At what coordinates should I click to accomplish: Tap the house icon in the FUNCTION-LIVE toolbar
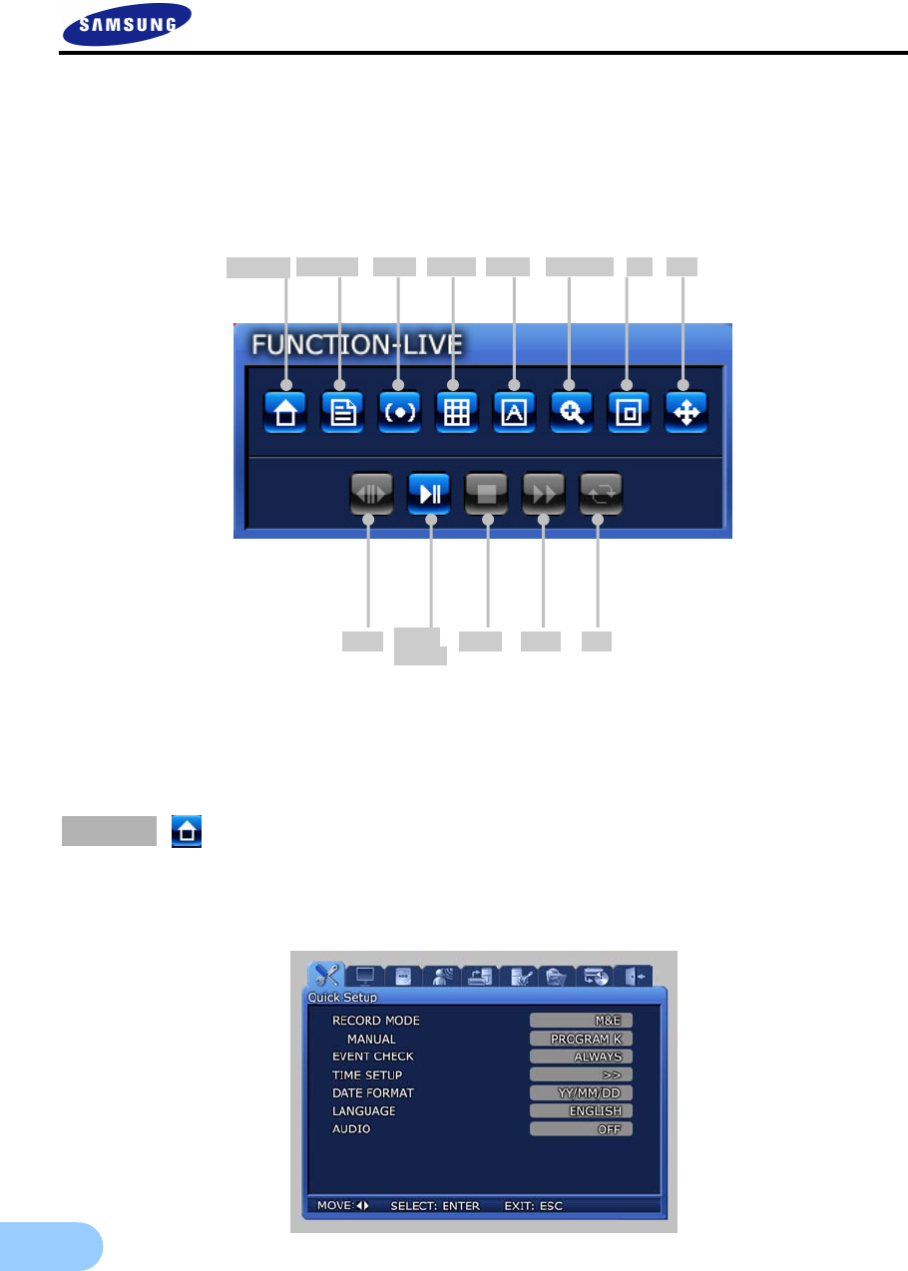[285, 412]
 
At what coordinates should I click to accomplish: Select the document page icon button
[342, 412]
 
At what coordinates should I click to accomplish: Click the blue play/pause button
[430, 493]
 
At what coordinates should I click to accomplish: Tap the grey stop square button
[487, 493]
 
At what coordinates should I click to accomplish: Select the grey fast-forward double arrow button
[544, 493]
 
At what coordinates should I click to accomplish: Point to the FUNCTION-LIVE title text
[356, 345]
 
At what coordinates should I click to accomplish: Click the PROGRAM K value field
[581, 1039]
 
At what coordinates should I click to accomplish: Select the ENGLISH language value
[581, 1110]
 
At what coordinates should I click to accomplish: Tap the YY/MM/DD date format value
[581, 1092]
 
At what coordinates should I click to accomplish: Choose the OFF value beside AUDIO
[581, 1128]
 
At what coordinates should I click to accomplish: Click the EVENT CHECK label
[372, 1057]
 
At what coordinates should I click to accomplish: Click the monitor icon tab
[366, 976]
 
